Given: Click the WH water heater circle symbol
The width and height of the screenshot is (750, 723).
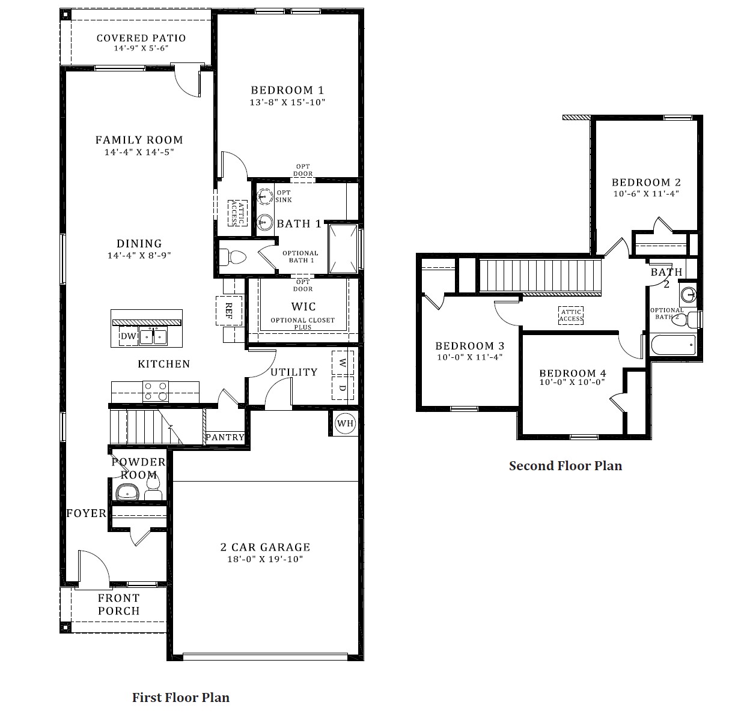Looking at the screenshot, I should click(345, 423).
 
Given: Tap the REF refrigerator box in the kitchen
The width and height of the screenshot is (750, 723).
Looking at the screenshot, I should click(229, 310).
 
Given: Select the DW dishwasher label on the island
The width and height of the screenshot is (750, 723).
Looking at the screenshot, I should click(128, 336).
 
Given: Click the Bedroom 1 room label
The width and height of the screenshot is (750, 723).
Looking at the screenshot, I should click(287, 90).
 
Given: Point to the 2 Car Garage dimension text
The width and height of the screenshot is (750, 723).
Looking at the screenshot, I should click(265, 559).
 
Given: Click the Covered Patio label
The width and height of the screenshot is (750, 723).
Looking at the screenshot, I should click(141, 38).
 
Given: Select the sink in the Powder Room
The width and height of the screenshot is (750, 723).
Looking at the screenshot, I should click(127, 493).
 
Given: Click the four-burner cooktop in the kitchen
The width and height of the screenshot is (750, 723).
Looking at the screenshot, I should click(155, 392).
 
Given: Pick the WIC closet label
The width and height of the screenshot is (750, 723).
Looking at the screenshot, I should click(303, 306).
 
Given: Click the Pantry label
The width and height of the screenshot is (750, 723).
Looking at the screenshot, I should click(225, 437).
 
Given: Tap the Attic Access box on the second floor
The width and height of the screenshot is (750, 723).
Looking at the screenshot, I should click(570, 315).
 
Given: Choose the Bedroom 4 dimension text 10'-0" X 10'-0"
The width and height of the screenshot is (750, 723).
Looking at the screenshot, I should click(572, 383).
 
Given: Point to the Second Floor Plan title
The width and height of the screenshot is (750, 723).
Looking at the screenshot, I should click(565, 466).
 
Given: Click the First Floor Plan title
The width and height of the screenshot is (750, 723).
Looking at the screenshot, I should click(181, 697).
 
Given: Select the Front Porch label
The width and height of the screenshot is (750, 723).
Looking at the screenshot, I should click(119, 604).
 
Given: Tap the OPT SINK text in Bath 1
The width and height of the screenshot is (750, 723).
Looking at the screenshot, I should click(284, 196).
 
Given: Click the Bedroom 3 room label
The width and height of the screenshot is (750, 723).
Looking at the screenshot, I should click(469, 346).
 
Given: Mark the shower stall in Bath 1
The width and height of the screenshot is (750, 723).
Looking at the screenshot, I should click(342, 249).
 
